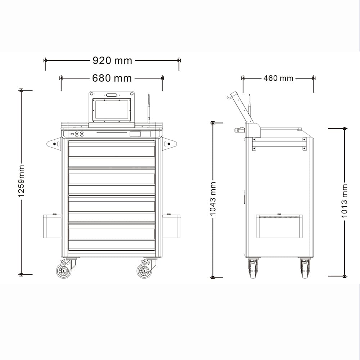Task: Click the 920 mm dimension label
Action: pos(112,60)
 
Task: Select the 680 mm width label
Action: pos(112,78)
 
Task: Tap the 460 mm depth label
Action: pos(278,78)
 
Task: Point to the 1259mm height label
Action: pos(21,181)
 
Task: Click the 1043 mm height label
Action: pos(213,199)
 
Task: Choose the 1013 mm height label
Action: pos(345,201)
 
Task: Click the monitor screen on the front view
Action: pos(112,110)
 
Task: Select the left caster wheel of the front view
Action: pos(64,271)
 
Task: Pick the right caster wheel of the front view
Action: pos(144,271)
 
